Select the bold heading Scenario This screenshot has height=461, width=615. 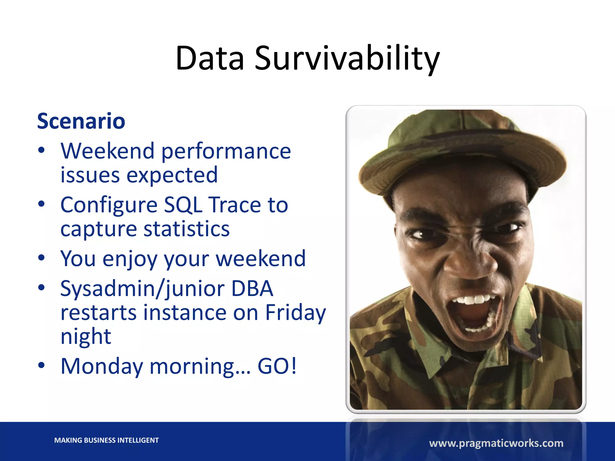click(x=81, y=121)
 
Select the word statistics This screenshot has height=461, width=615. click(x=186, y=229)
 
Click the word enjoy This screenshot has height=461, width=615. click(x=130, y=259)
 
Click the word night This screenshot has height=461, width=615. click(x=86, y=337)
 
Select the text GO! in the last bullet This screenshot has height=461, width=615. click(x=277, y=366)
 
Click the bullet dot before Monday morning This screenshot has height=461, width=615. click(x=41, y=365)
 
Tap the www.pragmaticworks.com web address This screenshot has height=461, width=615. click(x=496, y=443)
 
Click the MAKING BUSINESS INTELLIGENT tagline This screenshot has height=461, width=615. click(x=106, y=440)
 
